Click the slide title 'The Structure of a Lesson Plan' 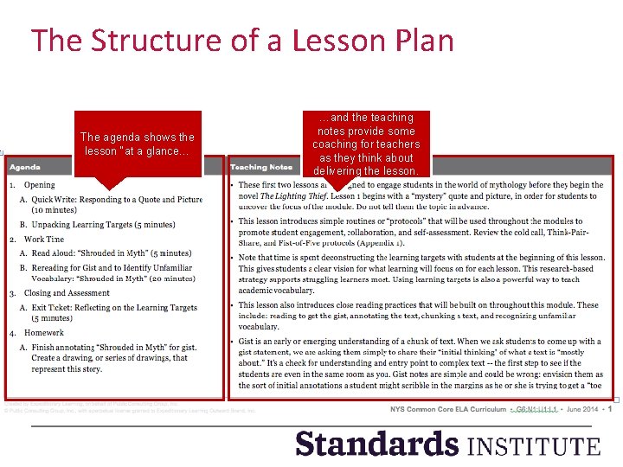tap(242, 41)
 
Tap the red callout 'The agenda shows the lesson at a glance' tap(138, 144)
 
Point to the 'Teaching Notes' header tap(261, 167)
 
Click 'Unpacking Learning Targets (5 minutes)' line tap(103, 225)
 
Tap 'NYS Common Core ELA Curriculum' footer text tap(446, 408)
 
